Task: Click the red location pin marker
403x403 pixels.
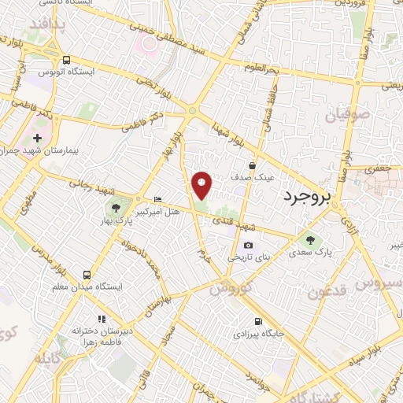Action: pos(202,185)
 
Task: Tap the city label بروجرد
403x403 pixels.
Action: pos(309,195)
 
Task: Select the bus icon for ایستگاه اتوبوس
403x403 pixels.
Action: pos(66,60)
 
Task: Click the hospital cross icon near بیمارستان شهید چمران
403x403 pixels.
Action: pos(37,138)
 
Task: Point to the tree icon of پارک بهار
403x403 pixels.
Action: pos(117,209)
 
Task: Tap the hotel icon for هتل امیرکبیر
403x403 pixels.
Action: pos(157,199)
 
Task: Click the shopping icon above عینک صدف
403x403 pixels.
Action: pos(252,165)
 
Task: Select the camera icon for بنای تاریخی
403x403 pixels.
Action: pos(249,246)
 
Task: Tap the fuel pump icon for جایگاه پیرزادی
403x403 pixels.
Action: pos(257,321)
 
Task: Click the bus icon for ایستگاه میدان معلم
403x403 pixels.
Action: pos(87,275)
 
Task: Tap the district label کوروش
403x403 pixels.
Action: pos(229,288)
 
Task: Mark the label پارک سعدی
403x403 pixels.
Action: pos(309,253)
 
